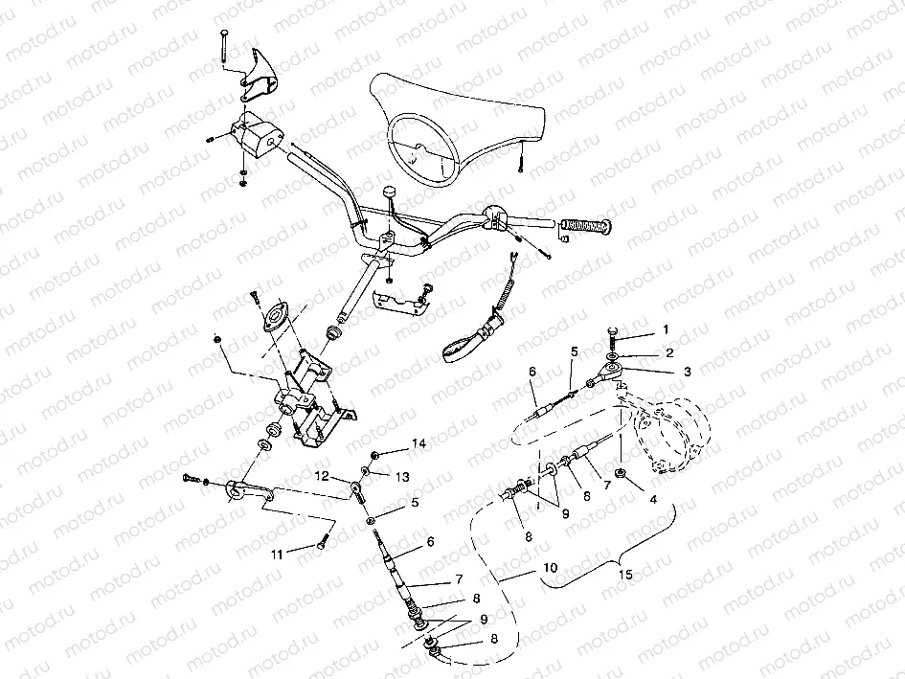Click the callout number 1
coord(666,329)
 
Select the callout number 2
coord(669,352)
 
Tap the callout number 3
coord(687,372)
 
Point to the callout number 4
coord(653,499)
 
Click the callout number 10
coord(551,568)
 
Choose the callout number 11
coord(277,555)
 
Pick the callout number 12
coord(322,476)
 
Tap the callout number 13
coord(402,476)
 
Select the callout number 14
coord(419,442)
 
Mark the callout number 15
coord(625,574)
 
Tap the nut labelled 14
coord(374,455)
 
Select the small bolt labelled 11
coord(322,543)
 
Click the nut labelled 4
coord(621,474)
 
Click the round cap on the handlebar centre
coord(389,192)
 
